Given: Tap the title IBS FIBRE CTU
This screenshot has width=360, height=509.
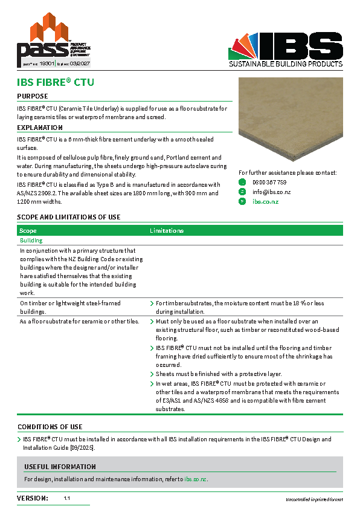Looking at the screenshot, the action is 56,82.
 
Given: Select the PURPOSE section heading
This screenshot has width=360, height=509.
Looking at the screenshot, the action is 33,96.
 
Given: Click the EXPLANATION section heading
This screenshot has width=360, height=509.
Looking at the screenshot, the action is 40,128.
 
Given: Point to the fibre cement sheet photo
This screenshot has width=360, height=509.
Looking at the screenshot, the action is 290,121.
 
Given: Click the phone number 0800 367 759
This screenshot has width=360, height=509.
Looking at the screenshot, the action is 269,182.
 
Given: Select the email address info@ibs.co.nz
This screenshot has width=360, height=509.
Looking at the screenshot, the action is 271,192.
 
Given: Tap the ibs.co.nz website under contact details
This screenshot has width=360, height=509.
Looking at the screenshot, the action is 265,201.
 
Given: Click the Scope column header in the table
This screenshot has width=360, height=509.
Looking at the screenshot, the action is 28,230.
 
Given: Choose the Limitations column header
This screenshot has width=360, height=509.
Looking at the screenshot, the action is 167,230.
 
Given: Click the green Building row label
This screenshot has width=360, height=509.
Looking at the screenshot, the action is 31,241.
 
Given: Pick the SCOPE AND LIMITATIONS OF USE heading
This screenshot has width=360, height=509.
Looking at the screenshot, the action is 68,217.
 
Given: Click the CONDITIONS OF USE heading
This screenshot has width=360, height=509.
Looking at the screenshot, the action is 50,427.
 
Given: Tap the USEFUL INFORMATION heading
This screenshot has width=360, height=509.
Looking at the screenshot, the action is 60,467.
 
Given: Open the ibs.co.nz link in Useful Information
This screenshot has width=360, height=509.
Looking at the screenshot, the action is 195,479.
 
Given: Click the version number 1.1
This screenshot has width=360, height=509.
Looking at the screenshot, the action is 67,498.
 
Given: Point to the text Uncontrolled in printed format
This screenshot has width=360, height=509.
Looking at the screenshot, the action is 314,499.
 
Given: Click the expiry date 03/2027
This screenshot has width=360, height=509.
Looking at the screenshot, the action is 79,62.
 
